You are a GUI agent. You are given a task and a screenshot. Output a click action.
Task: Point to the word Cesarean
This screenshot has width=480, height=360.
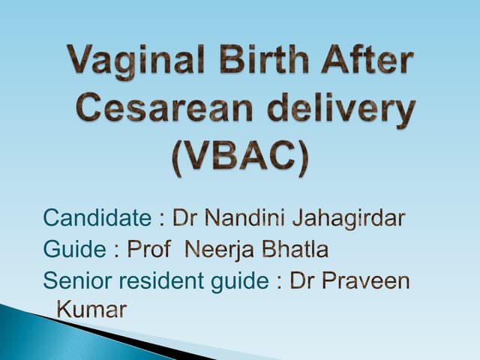160,111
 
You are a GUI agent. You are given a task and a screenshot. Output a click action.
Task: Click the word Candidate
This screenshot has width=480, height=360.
97,218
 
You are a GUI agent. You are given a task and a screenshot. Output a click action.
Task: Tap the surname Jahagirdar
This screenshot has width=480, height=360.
352,219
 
